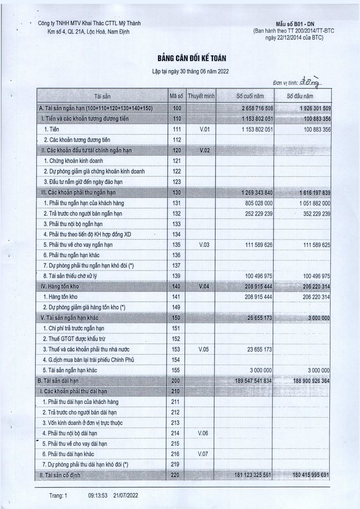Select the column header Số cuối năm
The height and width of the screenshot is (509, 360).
click(249, 96)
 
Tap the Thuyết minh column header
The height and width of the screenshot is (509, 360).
click(201, 96)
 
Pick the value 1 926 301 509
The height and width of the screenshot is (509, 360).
click(309, 109)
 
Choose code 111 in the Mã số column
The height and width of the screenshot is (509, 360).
click(177, 129)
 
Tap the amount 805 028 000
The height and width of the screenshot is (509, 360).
click(260, 204)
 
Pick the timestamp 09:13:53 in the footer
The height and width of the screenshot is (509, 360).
click(98, 495)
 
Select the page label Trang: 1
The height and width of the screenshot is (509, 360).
click(58, 495)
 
